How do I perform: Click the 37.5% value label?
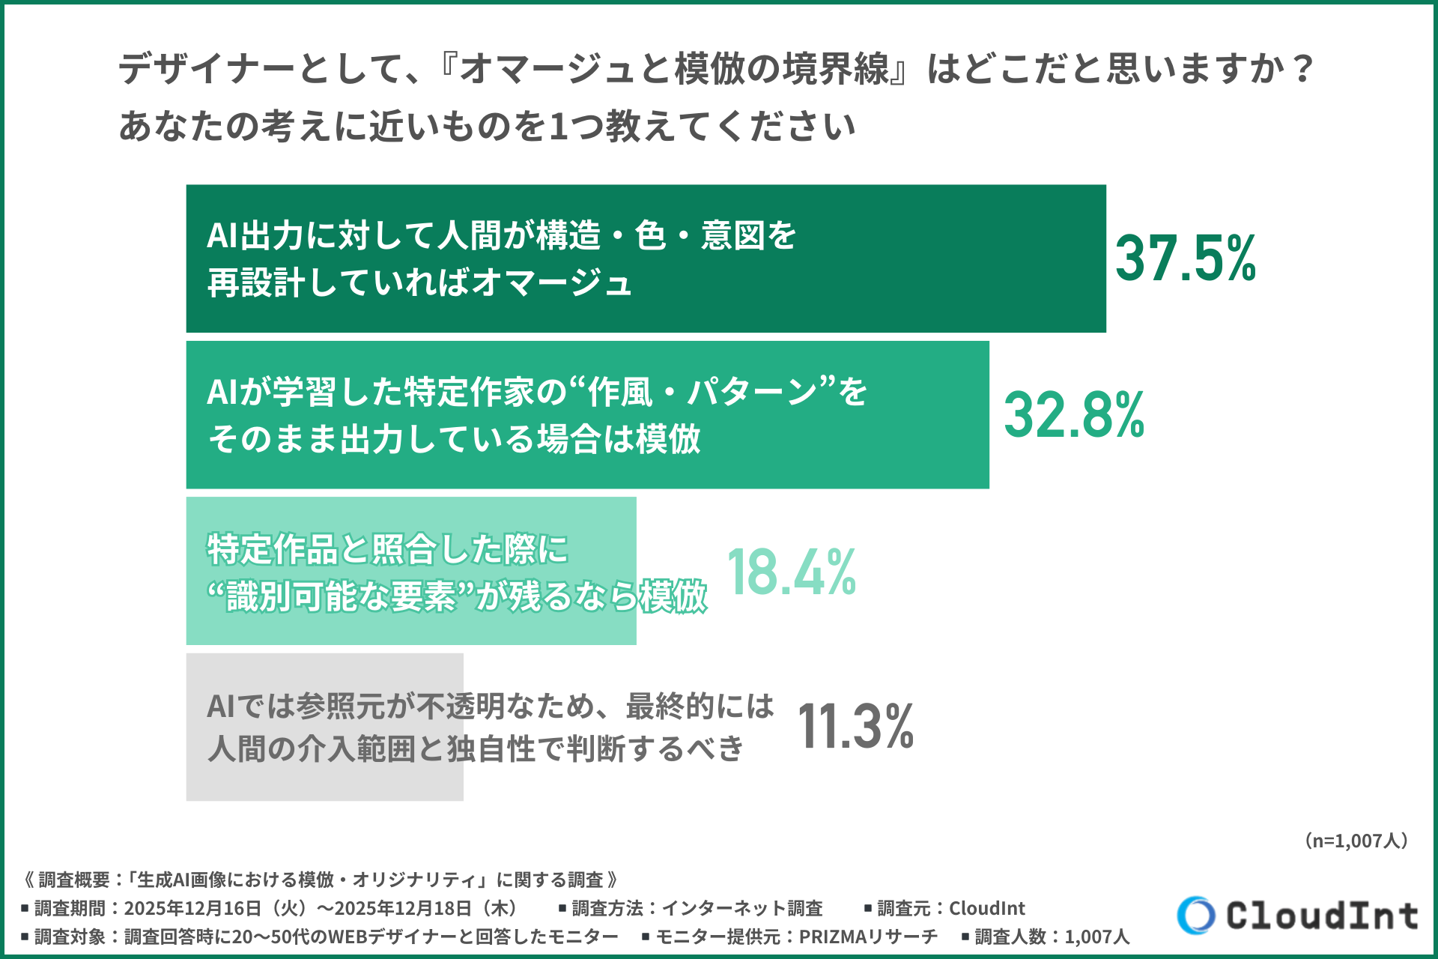pos(1185,258)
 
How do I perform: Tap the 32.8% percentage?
pos(1073,415)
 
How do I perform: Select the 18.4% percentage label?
pos(791,572)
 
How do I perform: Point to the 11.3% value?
pos(855,727)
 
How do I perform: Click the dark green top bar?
pos(899,258)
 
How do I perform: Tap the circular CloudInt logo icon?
pos(1195,915)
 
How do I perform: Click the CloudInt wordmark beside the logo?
pos(1322,916)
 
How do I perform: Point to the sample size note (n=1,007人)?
pos(1356,841)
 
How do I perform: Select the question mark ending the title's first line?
pos(1303,69)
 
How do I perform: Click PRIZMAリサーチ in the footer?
pos(868,937)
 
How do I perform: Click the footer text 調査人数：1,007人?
pos(1052,937)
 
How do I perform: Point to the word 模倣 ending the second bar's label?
pos(668,439)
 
